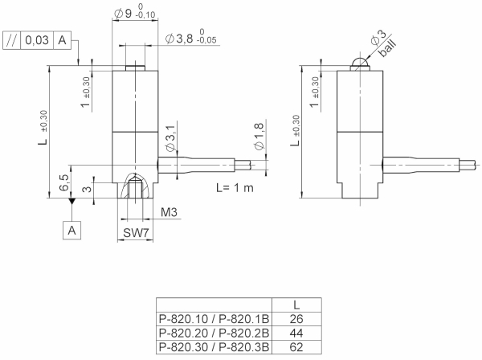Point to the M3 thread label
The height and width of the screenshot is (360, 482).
coord(170,213)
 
